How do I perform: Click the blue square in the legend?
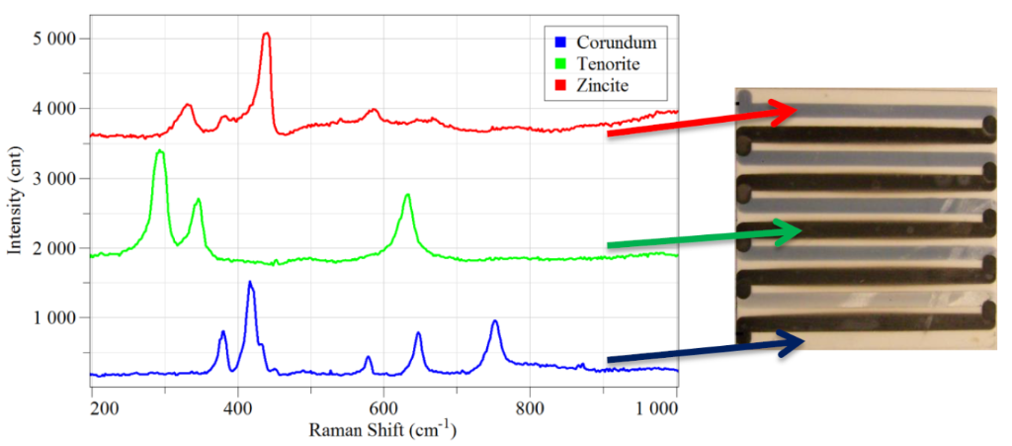tap(559, 43)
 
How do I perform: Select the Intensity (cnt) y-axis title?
tap(15, 198)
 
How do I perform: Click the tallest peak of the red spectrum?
tap(266, 34)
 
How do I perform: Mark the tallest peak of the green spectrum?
tap(160, 151)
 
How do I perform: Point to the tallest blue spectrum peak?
tap(250, 283)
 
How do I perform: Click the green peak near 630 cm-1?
tap(407, 196)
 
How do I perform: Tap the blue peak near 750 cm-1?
tap(495, 321)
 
